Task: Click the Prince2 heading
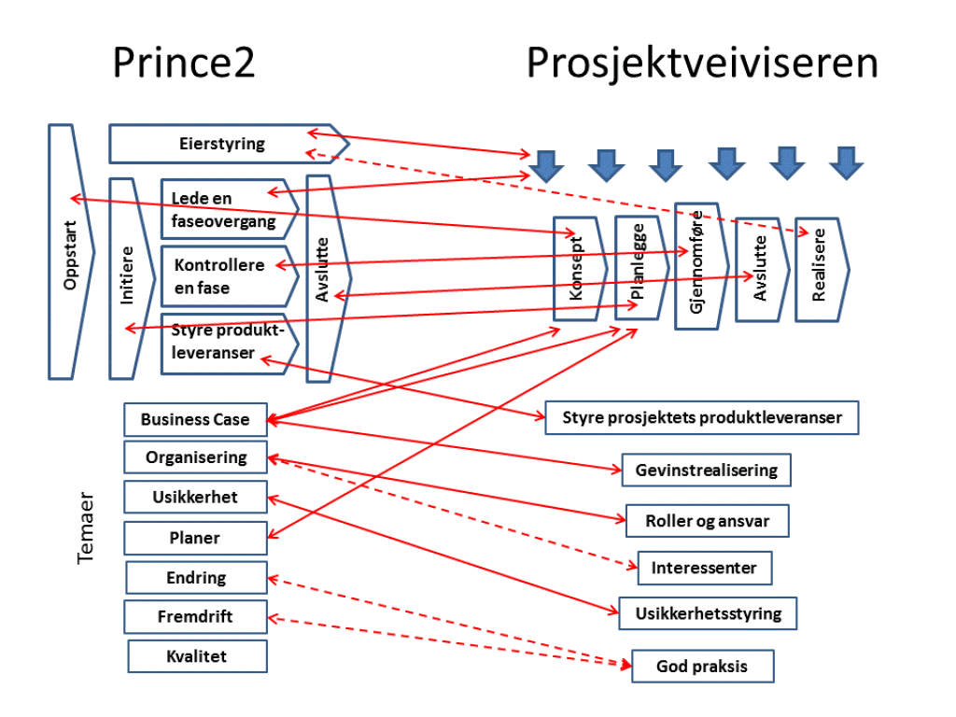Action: coord(183,63)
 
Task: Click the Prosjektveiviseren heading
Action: coord(702,63)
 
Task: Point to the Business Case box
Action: coord(195,419)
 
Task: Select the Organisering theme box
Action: coord(196,457)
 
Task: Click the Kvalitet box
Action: coord(197,656)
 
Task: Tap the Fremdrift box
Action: coord(195,616)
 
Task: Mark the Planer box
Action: coord(195,538)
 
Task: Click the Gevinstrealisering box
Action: coord(706,470)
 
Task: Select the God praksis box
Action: coord(702,667)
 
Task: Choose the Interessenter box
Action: coord(704,568)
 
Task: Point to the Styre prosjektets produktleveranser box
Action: coord(701,417)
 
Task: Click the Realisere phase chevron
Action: coord(821,270)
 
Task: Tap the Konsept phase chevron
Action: coord(577,270)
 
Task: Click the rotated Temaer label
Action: coord(86,536)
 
